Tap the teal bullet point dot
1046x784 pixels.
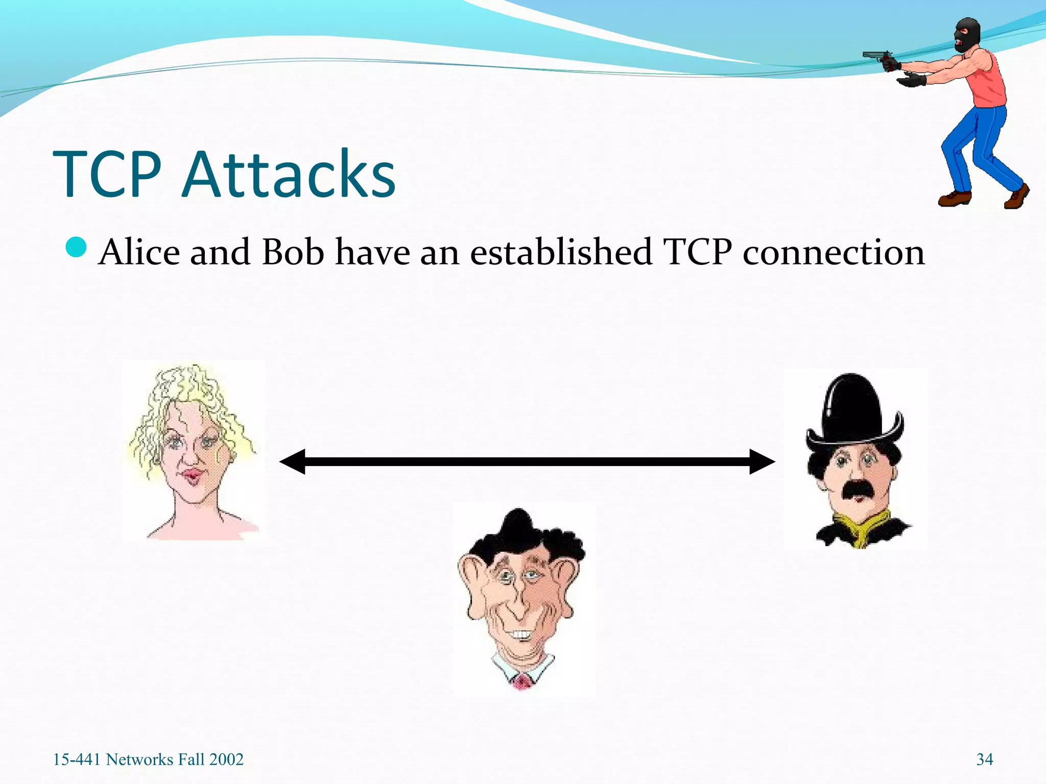(x=77, y=248)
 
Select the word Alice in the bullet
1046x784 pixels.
(x=139, y=252)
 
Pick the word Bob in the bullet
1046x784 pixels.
(x=293, y=252)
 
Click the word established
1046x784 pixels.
(x=561, y=252)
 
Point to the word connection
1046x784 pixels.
(x=834, y=253)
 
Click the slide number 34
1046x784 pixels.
(x=985, y=759)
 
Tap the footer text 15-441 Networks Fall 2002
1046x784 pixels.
(x=148, y=759)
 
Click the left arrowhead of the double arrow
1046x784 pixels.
(x=293, y=461)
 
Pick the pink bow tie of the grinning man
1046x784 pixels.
(x=521, y=681)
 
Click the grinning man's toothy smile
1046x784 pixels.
(x=521, y=635)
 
